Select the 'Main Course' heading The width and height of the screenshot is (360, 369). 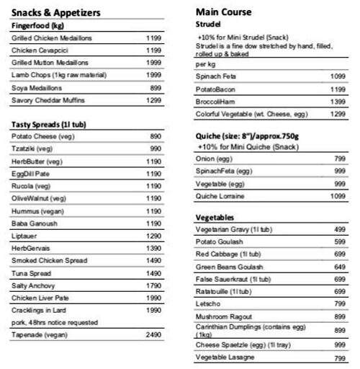pos(224,12)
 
